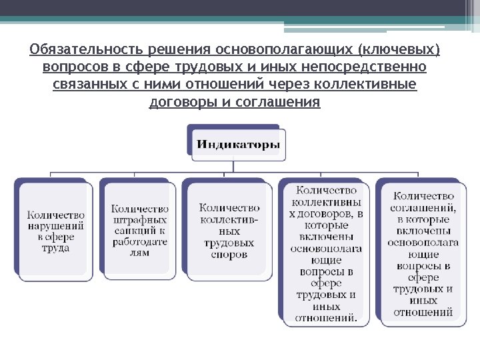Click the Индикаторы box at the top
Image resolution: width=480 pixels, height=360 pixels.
(x=238, y=145)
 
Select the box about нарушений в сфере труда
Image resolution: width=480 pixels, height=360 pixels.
(x=56, y=230)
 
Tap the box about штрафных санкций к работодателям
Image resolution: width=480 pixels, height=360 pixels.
(x=140, y=230)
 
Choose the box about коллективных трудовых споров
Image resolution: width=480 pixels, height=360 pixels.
(x=229, y=230)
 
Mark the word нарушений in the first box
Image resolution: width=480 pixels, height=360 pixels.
(x=56, y=226)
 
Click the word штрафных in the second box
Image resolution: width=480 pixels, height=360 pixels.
(x=140, y=220)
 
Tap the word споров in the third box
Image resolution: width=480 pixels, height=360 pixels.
(x=229, y=254)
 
